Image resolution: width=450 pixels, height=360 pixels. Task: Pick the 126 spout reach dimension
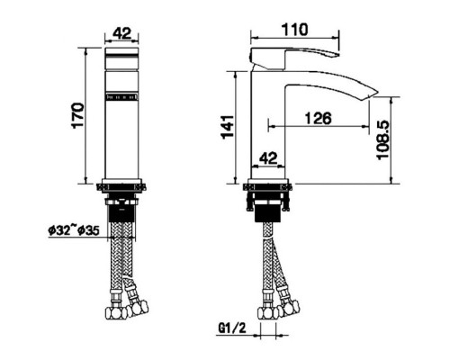click(318, 118)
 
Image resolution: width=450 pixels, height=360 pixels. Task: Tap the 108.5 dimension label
click(383, 139)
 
